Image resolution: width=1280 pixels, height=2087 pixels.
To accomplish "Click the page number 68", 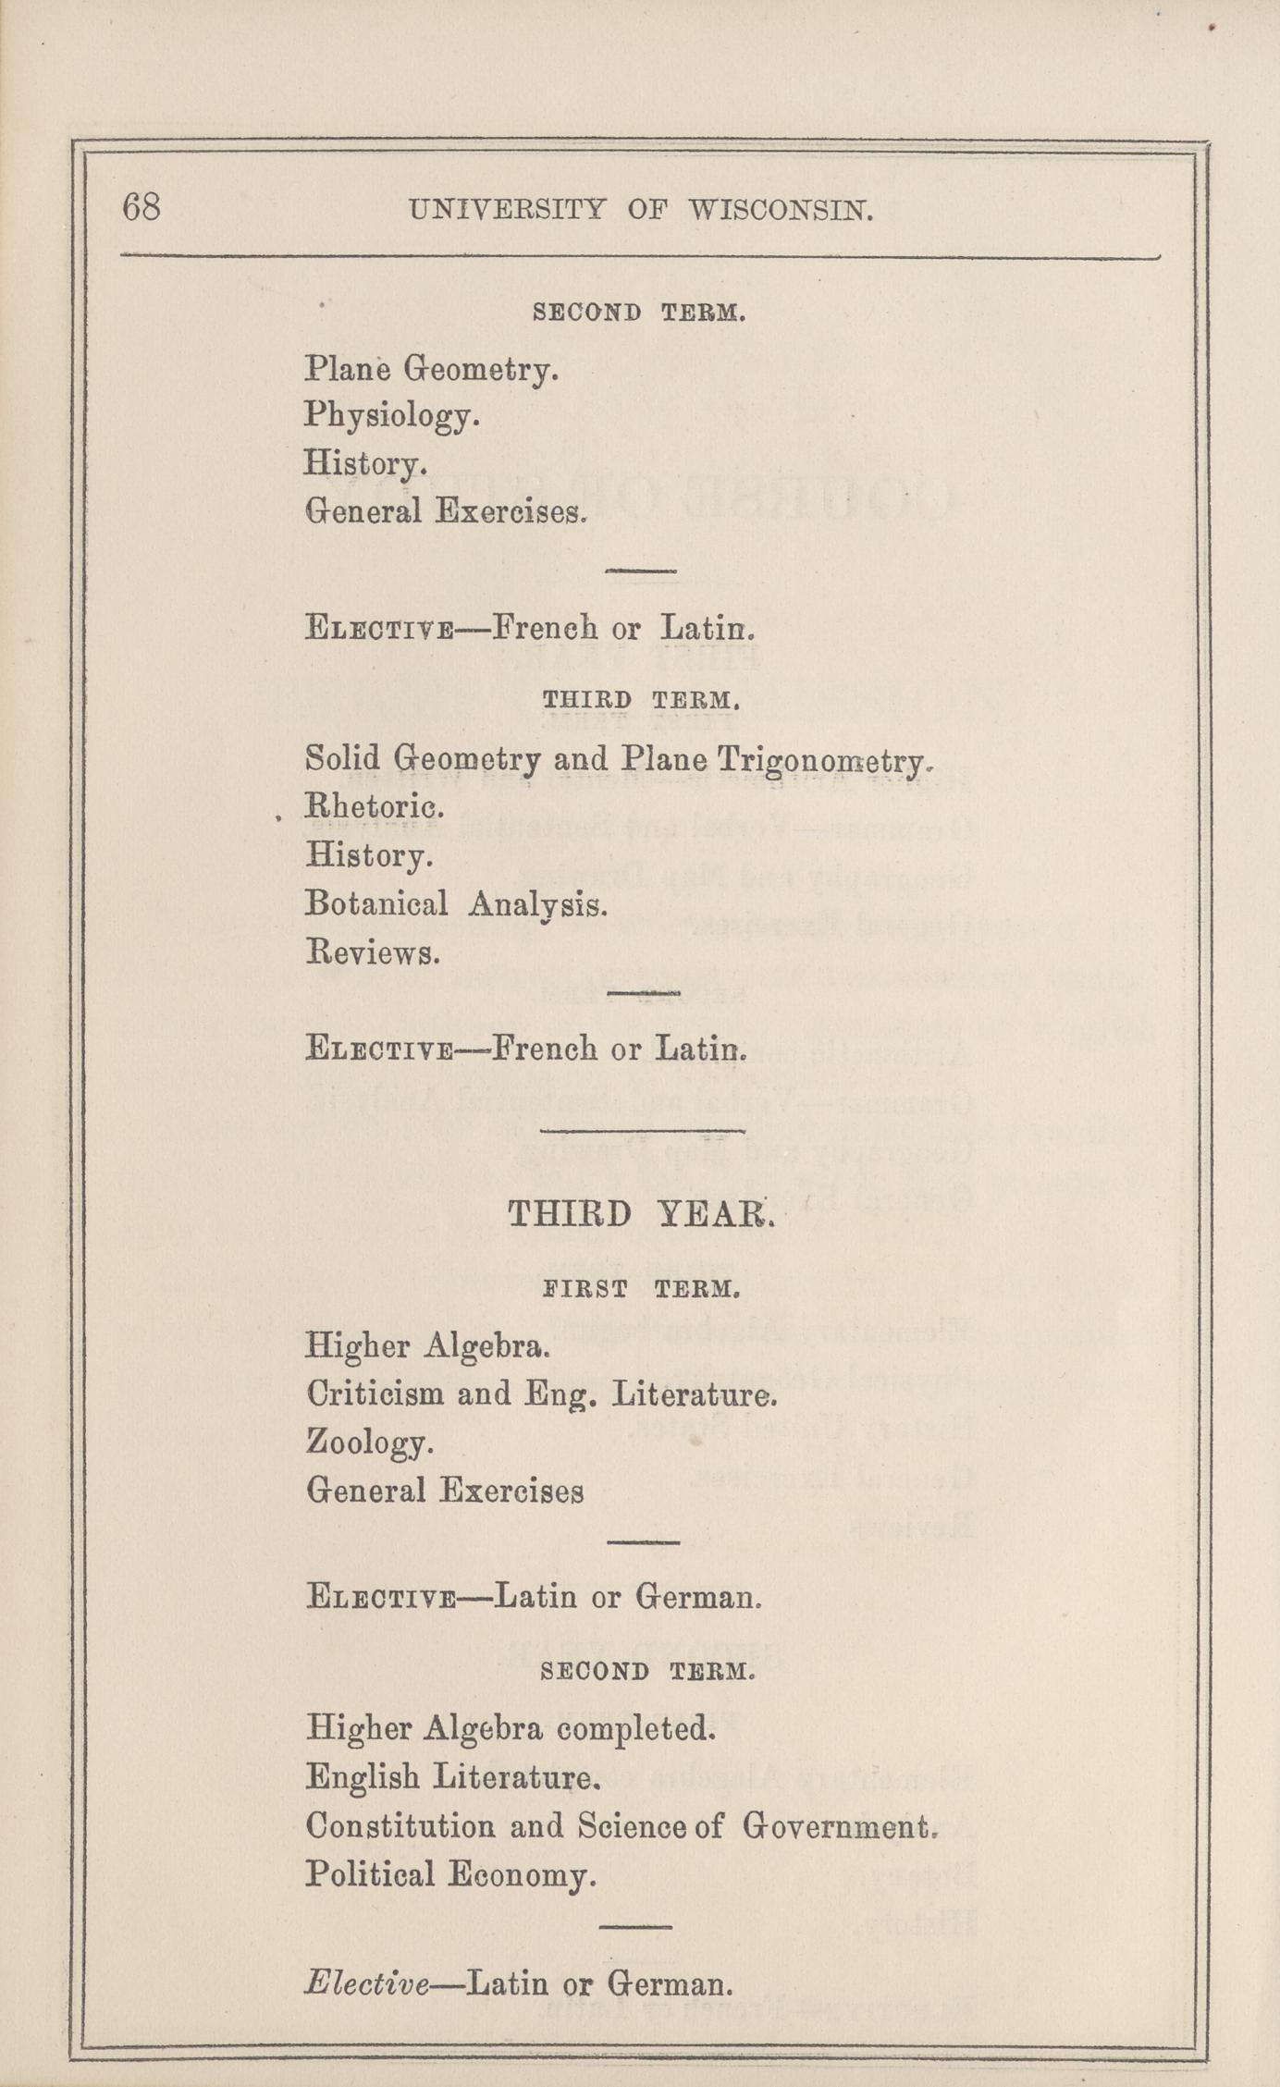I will click(x=142, y=206).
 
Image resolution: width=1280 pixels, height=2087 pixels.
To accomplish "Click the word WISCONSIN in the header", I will click(x=781, y=211).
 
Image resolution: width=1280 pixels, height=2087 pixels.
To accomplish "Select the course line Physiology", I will click(x=392, y=417).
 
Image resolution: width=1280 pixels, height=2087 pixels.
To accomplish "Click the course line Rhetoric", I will click(x=375, y=807).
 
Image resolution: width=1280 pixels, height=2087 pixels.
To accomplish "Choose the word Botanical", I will click(x=376, y=903).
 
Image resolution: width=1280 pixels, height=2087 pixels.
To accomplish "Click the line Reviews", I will click(x=372, y=951).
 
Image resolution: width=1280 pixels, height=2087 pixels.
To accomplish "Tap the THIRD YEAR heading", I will click(x=640, y=1214).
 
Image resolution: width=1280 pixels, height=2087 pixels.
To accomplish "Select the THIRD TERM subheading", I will click(x=640, y=700).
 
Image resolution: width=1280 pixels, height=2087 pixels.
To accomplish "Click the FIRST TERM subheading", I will click(x=640, y=1288).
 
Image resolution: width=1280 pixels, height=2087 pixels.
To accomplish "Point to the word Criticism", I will click(x=376, y=1393).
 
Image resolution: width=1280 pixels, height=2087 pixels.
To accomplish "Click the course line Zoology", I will click(x=369, y=1442).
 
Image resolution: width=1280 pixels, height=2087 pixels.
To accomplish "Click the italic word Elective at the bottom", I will click(x=366, y=1983).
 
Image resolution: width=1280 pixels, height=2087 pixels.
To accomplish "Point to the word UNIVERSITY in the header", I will click(x=507, y=211).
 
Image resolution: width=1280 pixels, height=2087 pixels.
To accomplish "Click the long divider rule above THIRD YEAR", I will click(x=642, y=1130).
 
